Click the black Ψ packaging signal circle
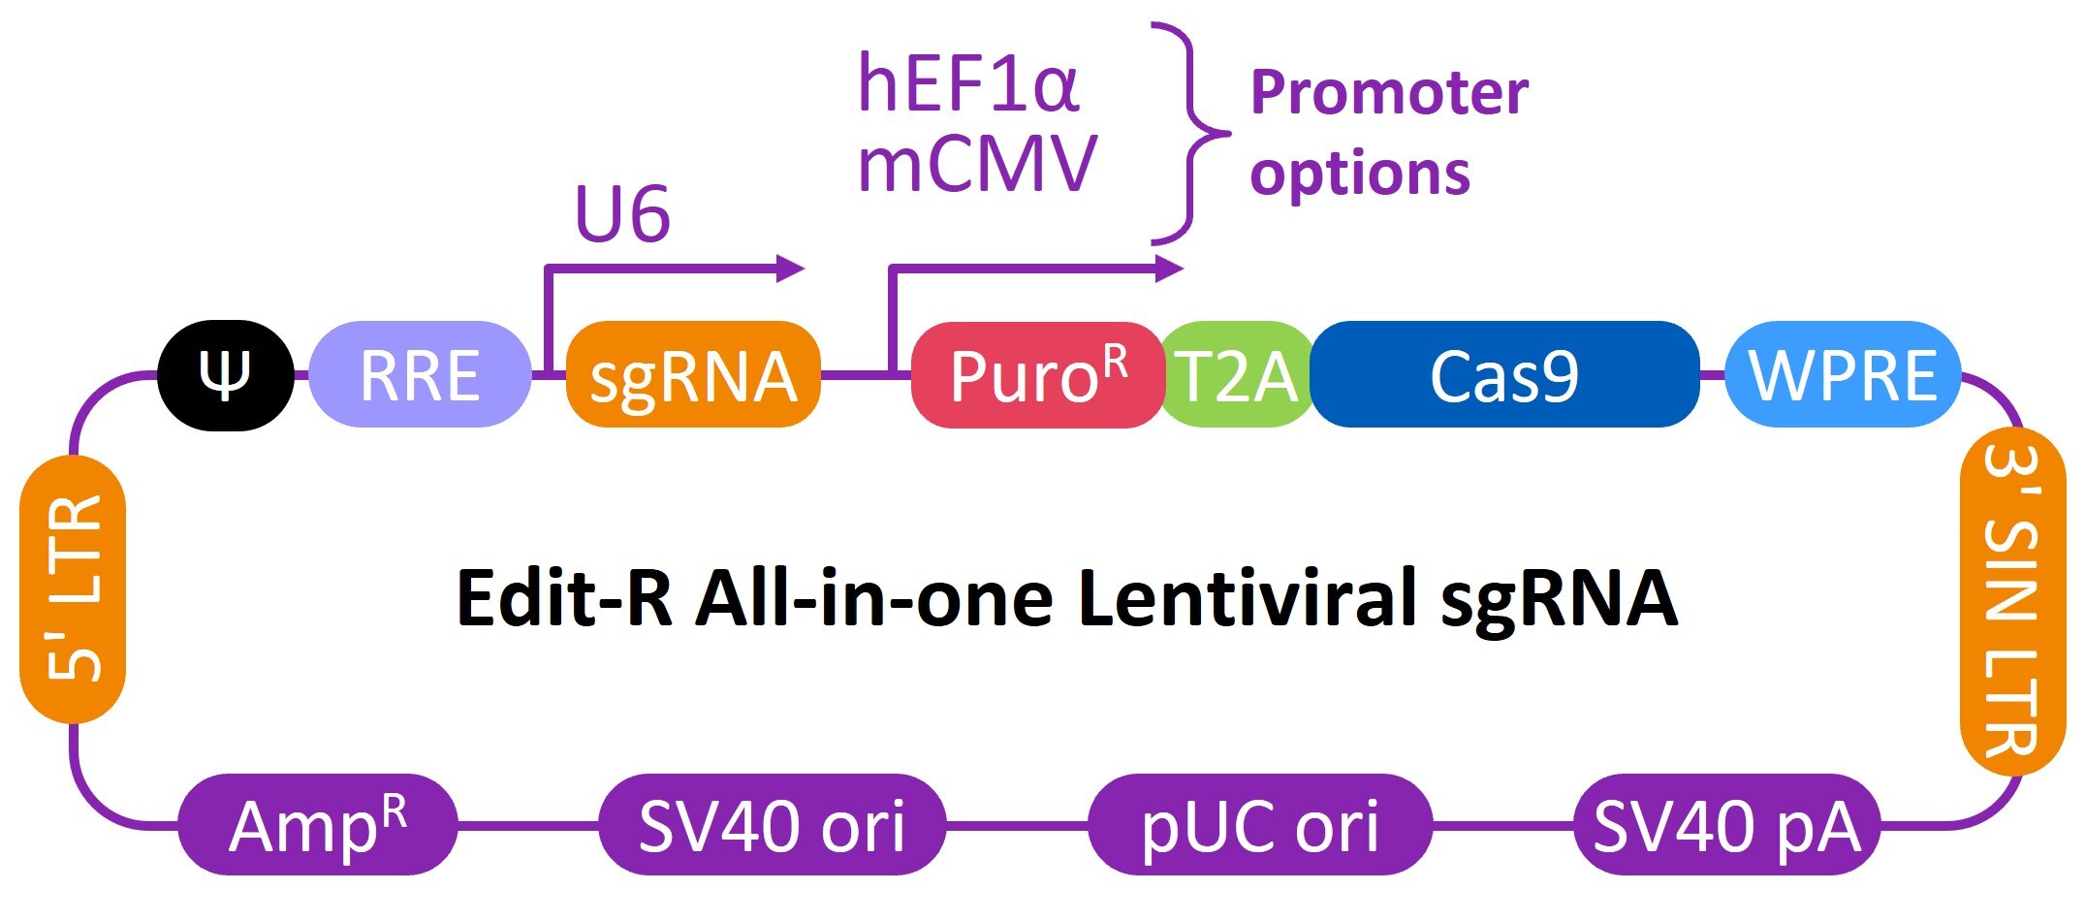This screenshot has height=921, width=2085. pos(226,375)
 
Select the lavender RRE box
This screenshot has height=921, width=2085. pos(420,375)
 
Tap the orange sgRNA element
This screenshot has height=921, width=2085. pos(693,375)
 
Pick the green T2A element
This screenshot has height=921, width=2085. pos(1236,375)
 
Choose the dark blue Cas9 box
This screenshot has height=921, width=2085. pos(1504,375)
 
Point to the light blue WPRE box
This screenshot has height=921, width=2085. pos(1843,375)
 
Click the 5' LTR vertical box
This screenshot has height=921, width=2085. pos(73,588)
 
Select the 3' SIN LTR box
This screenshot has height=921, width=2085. pos(2012,601)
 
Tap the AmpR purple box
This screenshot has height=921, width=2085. pos(317,825)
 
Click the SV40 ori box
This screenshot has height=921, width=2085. pos(772,825)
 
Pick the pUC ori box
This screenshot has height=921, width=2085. pos(1260,825)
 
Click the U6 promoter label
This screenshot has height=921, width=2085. pos(622,213)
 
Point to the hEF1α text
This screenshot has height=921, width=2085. pos(967,84)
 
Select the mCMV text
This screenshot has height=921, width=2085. pos(977,164)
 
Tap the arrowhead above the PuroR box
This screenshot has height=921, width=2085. pos(1170,269)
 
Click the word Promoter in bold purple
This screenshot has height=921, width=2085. pos(1389,93)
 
